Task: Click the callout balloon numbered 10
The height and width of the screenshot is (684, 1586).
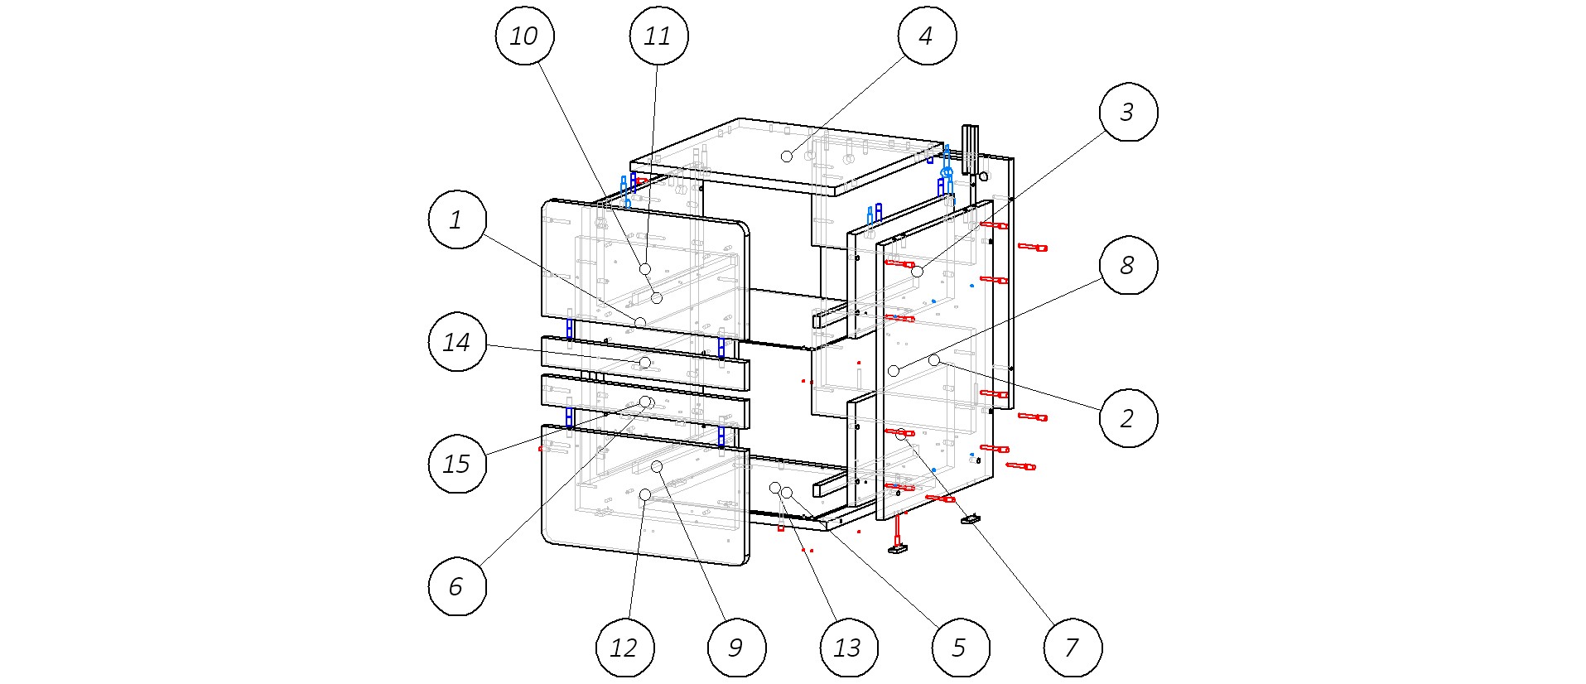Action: tap(523, 36)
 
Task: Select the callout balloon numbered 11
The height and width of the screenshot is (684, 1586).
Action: tap(658, 36)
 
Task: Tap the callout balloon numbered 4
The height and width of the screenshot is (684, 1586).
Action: tap(927, 36)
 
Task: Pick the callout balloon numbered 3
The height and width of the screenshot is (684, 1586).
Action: tap(1128, 112)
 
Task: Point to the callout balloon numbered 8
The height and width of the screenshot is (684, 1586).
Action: tap(1128, 265)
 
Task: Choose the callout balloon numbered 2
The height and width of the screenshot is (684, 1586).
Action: tap(1128, 418)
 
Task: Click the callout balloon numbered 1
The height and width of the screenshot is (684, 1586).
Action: tap(456, 219)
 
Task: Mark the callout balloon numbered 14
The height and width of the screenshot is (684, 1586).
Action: tap(456, 342)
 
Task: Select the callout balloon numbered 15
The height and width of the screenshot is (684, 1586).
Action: tap(456, 464)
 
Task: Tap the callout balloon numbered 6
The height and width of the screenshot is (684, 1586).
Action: tap(456, 586)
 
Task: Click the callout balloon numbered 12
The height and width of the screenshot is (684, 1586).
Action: tap(624, 648)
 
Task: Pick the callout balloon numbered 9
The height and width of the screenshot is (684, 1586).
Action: tap(736, 648)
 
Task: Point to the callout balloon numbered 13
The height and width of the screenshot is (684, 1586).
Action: tap(848, 648)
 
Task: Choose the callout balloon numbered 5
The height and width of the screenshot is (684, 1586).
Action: tap(960, 648)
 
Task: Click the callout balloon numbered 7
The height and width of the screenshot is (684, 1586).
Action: tap(1072, 648)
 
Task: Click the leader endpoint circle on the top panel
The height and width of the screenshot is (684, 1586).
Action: tap(786, 157)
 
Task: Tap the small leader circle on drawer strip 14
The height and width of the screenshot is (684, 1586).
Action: tap(645, 363)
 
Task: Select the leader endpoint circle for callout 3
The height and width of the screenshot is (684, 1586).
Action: tap(917, 272)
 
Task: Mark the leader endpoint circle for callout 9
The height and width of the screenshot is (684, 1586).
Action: tap(657, 467)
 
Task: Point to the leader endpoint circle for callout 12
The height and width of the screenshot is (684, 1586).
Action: tap(644, 495)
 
